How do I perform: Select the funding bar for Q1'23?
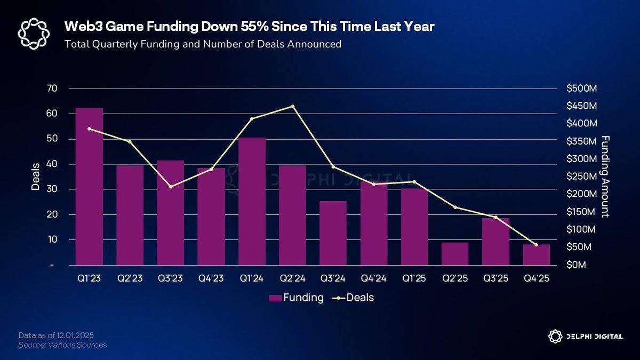pos(89,187)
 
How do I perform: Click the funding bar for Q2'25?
pos(455,254)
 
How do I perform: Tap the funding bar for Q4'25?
pos(536,255)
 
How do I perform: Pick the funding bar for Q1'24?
pos(252,202)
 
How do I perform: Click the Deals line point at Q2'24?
pos(292,106)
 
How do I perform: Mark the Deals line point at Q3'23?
pos(171,187)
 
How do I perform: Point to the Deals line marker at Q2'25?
pos(455,207)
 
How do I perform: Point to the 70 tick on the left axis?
pos(52,89)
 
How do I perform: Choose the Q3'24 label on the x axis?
pos(333,278)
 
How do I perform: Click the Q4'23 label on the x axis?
pos(211,278)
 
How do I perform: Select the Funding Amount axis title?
pos(605,177)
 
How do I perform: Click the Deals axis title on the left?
pos(35,177)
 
